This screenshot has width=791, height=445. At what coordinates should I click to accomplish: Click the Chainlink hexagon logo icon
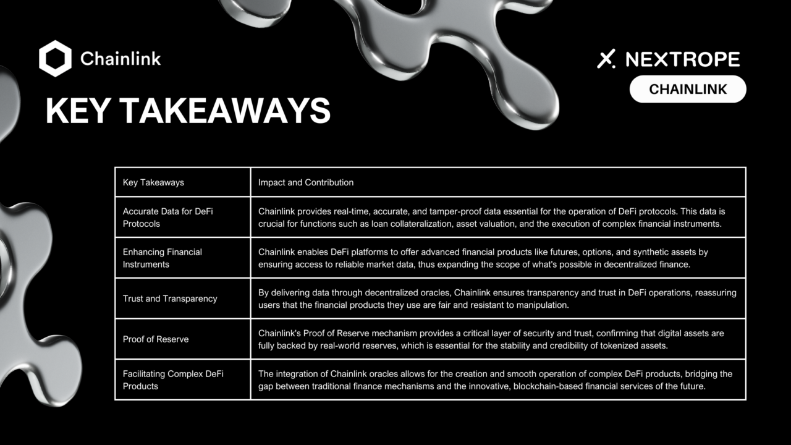56,59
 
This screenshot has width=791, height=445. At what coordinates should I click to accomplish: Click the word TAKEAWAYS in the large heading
225,111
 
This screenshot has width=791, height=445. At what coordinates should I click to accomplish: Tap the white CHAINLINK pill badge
688,90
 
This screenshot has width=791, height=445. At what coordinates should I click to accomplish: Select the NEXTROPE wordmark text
682,59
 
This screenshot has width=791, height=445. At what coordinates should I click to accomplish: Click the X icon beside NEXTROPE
606,59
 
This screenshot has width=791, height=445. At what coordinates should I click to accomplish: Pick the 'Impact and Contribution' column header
306,182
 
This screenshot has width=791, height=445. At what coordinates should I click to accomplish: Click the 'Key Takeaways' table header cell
153,182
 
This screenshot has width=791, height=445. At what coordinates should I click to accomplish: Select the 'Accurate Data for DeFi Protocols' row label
167,218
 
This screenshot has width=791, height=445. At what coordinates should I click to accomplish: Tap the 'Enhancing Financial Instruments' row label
163,258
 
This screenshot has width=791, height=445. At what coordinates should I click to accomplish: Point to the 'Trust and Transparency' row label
170,299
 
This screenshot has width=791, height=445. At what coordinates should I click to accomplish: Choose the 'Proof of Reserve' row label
156,339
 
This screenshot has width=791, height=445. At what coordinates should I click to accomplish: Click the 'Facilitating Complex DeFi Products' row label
173,380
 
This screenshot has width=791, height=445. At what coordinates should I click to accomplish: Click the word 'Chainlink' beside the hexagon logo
121,59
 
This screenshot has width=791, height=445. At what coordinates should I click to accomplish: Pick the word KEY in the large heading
78,111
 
